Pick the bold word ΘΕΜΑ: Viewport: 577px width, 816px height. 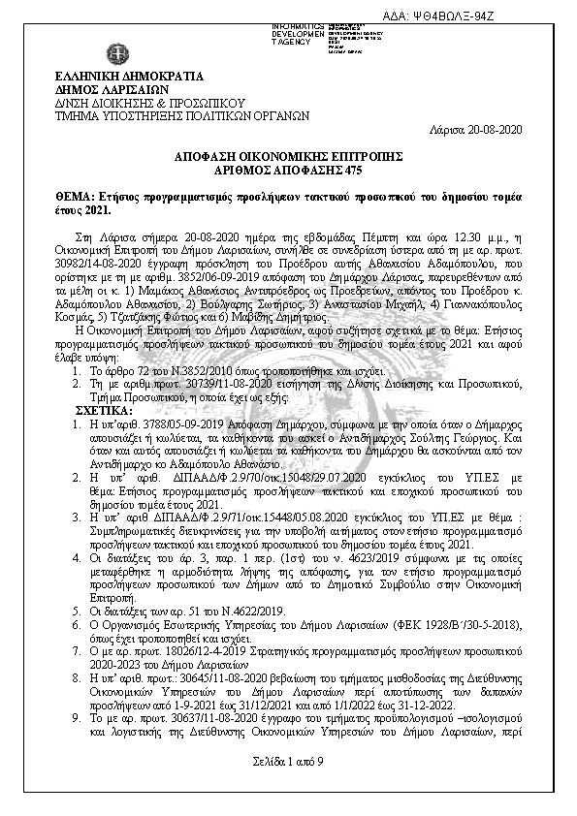[74, 195]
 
